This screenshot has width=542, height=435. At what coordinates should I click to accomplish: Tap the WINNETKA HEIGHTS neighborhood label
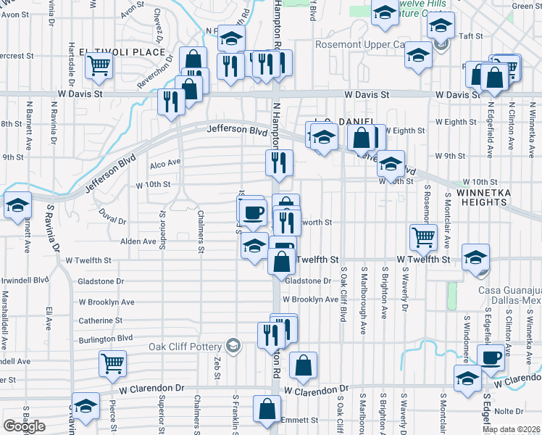click(x=481, y=197)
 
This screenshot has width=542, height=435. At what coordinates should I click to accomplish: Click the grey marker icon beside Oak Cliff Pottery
click(x=233, y=344)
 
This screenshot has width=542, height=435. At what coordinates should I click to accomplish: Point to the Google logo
click(x=24, y=426)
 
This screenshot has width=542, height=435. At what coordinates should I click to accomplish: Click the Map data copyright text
click(x=512, y=429)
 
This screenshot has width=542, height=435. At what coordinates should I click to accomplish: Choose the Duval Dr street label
click(x=112, y=216)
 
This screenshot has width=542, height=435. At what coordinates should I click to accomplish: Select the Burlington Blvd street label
click(x=106, y=338)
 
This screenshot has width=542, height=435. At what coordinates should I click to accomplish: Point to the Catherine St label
click(x=101, y=320)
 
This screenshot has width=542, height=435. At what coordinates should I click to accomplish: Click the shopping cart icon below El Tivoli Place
click(x=99, y=65)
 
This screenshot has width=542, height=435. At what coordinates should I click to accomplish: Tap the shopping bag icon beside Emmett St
click(x=267, y=409)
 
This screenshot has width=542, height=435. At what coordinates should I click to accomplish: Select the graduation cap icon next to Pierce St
click(x=86, y=407)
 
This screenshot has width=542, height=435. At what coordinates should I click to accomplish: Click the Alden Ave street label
click(x=138, y=241)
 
